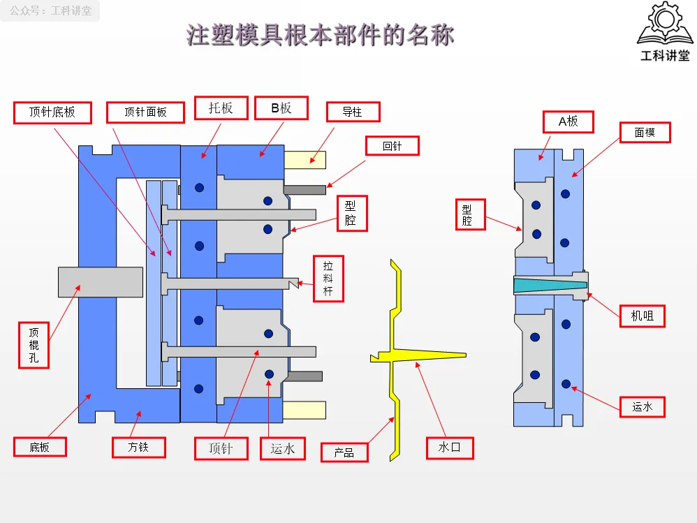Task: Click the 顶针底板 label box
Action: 52,112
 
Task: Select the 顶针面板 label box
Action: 145,112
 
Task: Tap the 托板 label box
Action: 221,108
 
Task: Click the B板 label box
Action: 281,108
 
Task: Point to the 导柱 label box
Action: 353,112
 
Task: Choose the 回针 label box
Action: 392,146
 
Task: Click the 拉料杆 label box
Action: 328,279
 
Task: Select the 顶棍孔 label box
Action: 34,345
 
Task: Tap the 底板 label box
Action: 40,447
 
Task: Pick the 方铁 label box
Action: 138,447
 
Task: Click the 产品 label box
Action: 344,452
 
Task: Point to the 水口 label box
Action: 450,448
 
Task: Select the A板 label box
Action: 568,121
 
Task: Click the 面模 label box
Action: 645,133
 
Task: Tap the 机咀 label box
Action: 643,316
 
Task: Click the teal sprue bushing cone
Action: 550,285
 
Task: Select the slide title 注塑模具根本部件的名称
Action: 320,35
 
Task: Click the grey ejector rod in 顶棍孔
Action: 101,282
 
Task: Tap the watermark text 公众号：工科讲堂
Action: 50,10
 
